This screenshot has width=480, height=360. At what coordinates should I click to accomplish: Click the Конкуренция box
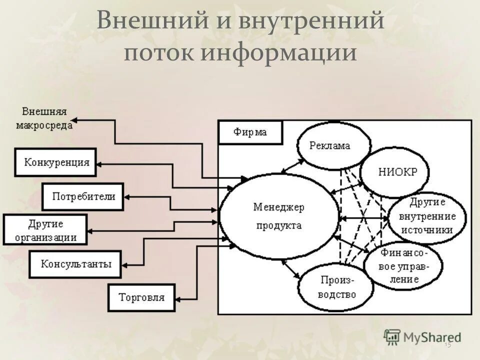[x=55, y=162]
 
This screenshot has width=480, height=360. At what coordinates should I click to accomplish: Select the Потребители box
[x=82, y=196]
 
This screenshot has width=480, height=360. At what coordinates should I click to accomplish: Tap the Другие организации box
[x=45, y=229]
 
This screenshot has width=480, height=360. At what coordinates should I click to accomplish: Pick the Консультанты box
[x=75, y=264]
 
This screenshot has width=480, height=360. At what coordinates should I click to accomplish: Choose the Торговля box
[x=142, y=297]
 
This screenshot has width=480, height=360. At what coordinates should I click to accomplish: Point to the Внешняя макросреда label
[x=44, y=118]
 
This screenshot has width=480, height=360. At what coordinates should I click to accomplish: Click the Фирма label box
[x=250, y=132]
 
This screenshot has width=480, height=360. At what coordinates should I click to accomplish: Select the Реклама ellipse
[x=333, y=145]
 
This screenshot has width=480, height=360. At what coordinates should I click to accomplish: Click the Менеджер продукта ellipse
[x=279, y=216]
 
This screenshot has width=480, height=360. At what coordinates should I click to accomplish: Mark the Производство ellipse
[x=335, y=287]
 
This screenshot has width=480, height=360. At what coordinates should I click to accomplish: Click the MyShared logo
[x=422, y=336]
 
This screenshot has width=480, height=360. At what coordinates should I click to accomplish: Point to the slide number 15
[x=447, y=344]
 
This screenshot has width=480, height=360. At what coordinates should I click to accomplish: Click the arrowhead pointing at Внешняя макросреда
[x=74, y=120]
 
